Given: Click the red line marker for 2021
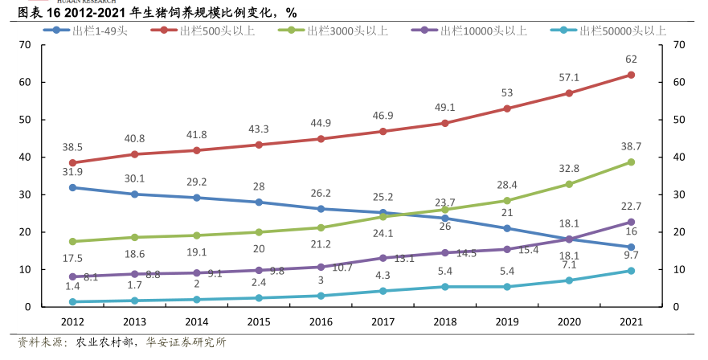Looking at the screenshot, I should pyautogui.click(x=631, y=75).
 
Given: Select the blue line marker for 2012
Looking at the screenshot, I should pyautogui.click(x=72, y=187).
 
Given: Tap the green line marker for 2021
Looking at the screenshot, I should pyautogui.click(x=631, y=162).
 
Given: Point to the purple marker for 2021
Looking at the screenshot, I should pyautogui.click(x=631, y=222).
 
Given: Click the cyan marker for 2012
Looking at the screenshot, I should pyautogui.click(x=72, y=301).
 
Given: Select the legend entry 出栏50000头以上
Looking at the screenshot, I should pyautogui.click(x=610, y=31).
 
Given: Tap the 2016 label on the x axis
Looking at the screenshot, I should pyautogui.click(x=321, y=322).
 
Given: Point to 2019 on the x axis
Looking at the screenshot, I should pyautogui.click(x=506, y=322).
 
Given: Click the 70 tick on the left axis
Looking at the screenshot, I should pyautogui.click(x=26, y=45).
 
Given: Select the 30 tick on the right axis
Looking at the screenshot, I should pyautogui.click(x=677, y=194).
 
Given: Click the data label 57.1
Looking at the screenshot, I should pyautogui.click(x=569, y=77).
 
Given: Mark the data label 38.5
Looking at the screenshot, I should pyautogui.click(x=73, y=148).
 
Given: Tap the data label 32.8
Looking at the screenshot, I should pyautogui.click(x=569, y=168).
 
